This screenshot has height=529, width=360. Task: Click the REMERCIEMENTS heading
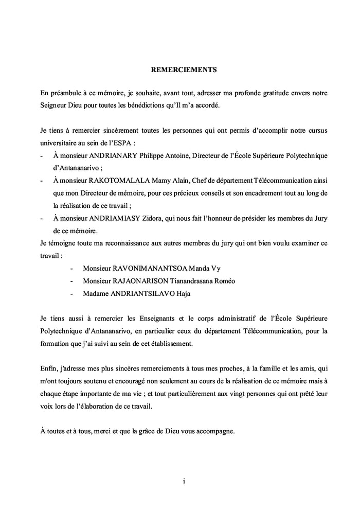coord(179,68)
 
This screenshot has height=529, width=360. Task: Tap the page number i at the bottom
coord(184,481)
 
